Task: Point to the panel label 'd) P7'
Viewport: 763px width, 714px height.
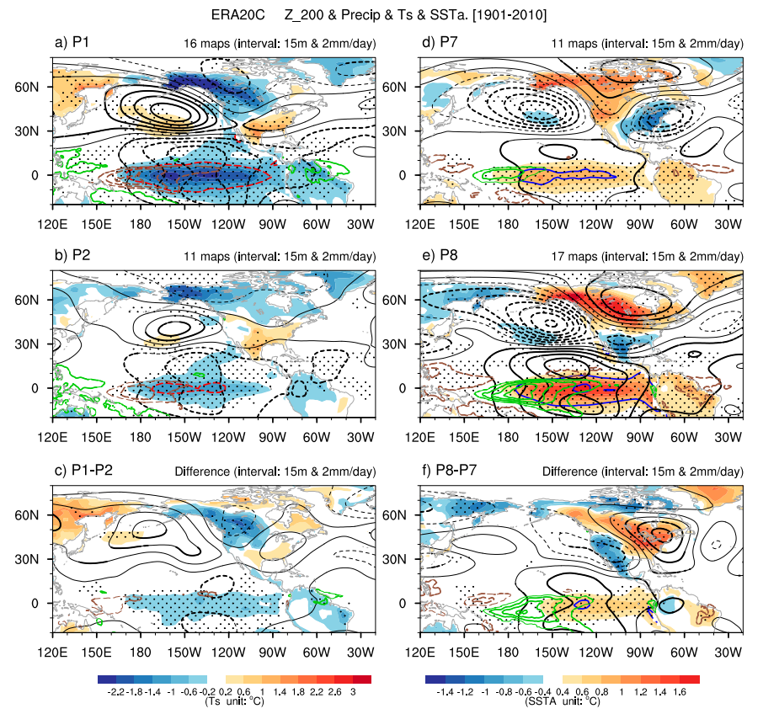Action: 435,43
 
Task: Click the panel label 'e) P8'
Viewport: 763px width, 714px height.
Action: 435,257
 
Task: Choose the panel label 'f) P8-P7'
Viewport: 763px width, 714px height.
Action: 447,471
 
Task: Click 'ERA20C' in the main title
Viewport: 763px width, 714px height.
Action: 241,14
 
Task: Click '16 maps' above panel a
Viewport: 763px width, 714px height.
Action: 207,44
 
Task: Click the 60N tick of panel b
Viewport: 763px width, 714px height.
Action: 39,300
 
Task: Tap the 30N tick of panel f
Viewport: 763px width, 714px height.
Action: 403,558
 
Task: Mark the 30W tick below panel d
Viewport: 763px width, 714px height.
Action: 728,226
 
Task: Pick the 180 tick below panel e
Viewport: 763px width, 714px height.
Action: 508,440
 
